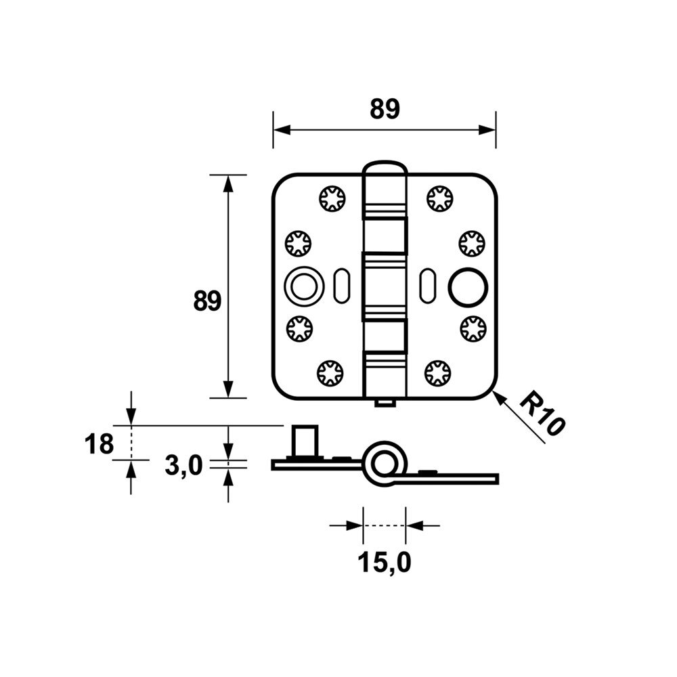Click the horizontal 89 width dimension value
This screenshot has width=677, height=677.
[385, 109]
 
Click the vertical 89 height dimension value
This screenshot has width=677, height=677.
[207, 301]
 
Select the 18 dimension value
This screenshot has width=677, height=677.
[100, 444]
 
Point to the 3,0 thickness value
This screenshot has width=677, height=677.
[183, 466]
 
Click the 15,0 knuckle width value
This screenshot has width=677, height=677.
[385, 563]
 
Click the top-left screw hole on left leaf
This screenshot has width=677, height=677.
[332, 198]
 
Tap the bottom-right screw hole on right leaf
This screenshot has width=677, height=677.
[438, 373]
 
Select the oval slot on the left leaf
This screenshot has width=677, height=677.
[342, 286]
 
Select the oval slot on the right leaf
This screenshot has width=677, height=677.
[428, 286]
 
